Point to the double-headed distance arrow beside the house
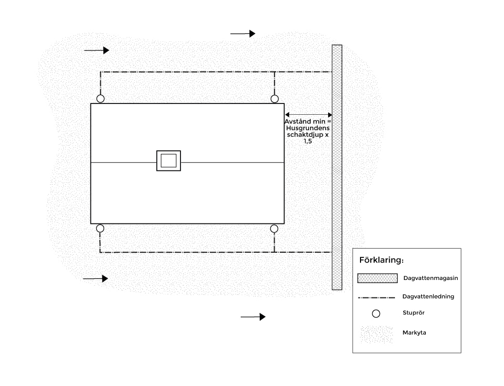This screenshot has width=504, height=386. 309,114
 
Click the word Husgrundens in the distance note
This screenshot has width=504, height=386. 308,128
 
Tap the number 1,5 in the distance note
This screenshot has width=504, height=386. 308,141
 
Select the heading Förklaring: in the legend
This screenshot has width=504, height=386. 381,260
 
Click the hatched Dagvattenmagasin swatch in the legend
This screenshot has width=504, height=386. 377,278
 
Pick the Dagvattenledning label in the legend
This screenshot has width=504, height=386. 428,296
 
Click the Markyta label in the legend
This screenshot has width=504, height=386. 415,332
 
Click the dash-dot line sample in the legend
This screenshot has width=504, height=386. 376,297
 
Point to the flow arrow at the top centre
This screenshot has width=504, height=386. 243,33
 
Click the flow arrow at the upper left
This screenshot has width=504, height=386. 97,50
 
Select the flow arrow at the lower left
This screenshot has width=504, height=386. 96,278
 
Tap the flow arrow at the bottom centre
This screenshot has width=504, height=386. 253,317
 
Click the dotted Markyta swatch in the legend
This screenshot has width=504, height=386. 376,335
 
